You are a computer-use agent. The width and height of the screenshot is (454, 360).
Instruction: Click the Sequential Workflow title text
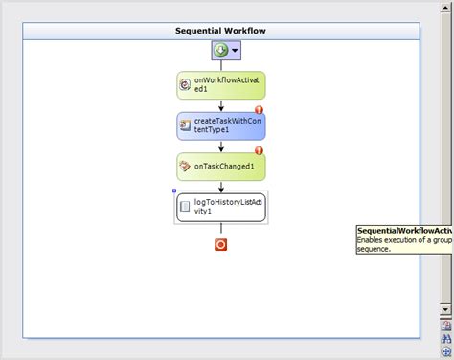click(x=220, y=31)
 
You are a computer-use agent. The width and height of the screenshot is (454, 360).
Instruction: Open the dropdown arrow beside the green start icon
click(x=233, y=52)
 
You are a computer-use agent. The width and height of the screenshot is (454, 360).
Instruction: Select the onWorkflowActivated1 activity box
click(x=220, y=84)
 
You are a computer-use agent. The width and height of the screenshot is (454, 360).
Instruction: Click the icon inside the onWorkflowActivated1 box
click(x=186, y=85)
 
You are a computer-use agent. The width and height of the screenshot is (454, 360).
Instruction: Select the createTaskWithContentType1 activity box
click(x=220, y=125)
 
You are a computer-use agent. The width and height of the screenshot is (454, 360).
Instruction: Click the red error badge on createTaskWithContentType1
click(x=259, y=110)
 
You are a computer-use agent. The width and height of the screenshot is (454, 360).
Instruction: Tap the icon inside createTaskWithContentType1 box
click(x=186, y=125)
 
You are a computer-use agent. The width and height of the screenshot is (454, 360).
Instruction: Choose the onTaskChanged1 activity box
click(x=220, y=166)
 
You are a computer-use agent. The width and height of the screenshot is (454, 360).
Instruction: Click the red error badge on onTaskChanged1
click(x=259, y=150)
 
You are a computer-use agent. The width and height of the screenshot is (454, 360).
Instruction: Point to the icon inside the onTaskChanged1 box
click(x=186, y=166)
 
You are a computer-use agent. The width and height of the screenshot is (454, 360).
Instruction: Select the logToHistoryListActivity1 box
click(x=220, y=207)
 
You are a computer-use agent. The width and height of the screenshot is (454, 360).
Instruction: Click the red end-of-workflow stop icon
click(x=220, y=245)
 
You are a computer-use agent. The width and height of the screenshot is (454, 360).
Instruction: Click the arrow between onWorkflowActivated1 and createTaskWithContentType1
click(x=220, y=105)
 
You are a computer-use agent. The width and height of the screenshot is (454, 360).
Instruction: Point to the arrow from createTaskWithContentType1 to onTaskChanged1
click(x=220, y=146)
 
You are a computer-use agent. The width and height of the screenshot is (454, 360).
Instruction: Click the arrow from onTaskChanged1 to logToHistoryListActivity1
click(x=220, y=186)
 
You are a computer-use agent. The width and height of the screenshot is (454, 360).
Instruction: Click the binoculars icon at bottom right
click(x=445, y=338)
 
